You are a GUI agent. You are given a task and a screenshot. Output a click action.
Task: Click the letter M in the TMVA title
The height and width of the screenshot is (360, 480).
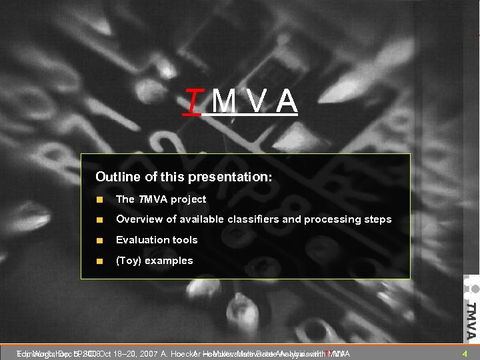click(x=223, y=101)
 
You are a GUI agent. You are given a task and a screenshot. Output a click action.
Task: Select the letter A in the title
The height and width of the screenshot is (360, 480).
click(x=286, y=101)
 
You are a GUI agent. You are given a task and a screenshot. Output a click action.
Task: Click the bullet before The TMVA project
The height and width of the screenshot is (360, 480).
click(x=99, y=199)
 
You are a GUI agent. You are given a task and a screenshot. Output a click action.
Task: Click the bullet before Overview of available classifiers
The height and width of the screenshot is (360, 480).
click(x=99, y=219)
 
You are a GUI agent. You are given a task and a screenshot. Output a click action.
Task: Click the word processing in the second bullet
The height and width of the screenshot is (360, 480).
click(x=330, y=219)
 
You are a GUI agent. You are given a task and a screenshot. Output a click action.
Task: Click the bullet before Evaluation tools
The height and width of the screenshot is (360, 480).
click(x=99, y=240)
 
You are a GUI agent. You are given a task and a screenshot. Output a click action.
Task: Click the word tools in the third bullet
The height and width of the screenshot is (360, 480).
click(x=185, y=240)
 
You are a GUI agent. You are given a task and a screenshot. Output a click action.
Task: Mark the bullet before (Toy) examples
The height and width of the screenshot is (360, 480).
click(x=99, y=261)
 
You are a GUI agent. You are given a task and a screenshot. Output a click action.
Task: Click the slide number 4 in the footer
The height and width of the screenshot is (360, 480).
click(x=463, y=353)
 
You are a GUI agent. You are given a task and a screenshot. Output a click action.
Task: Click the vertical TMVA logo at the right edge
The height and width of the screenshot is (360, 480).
click(x=470, y=310)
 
